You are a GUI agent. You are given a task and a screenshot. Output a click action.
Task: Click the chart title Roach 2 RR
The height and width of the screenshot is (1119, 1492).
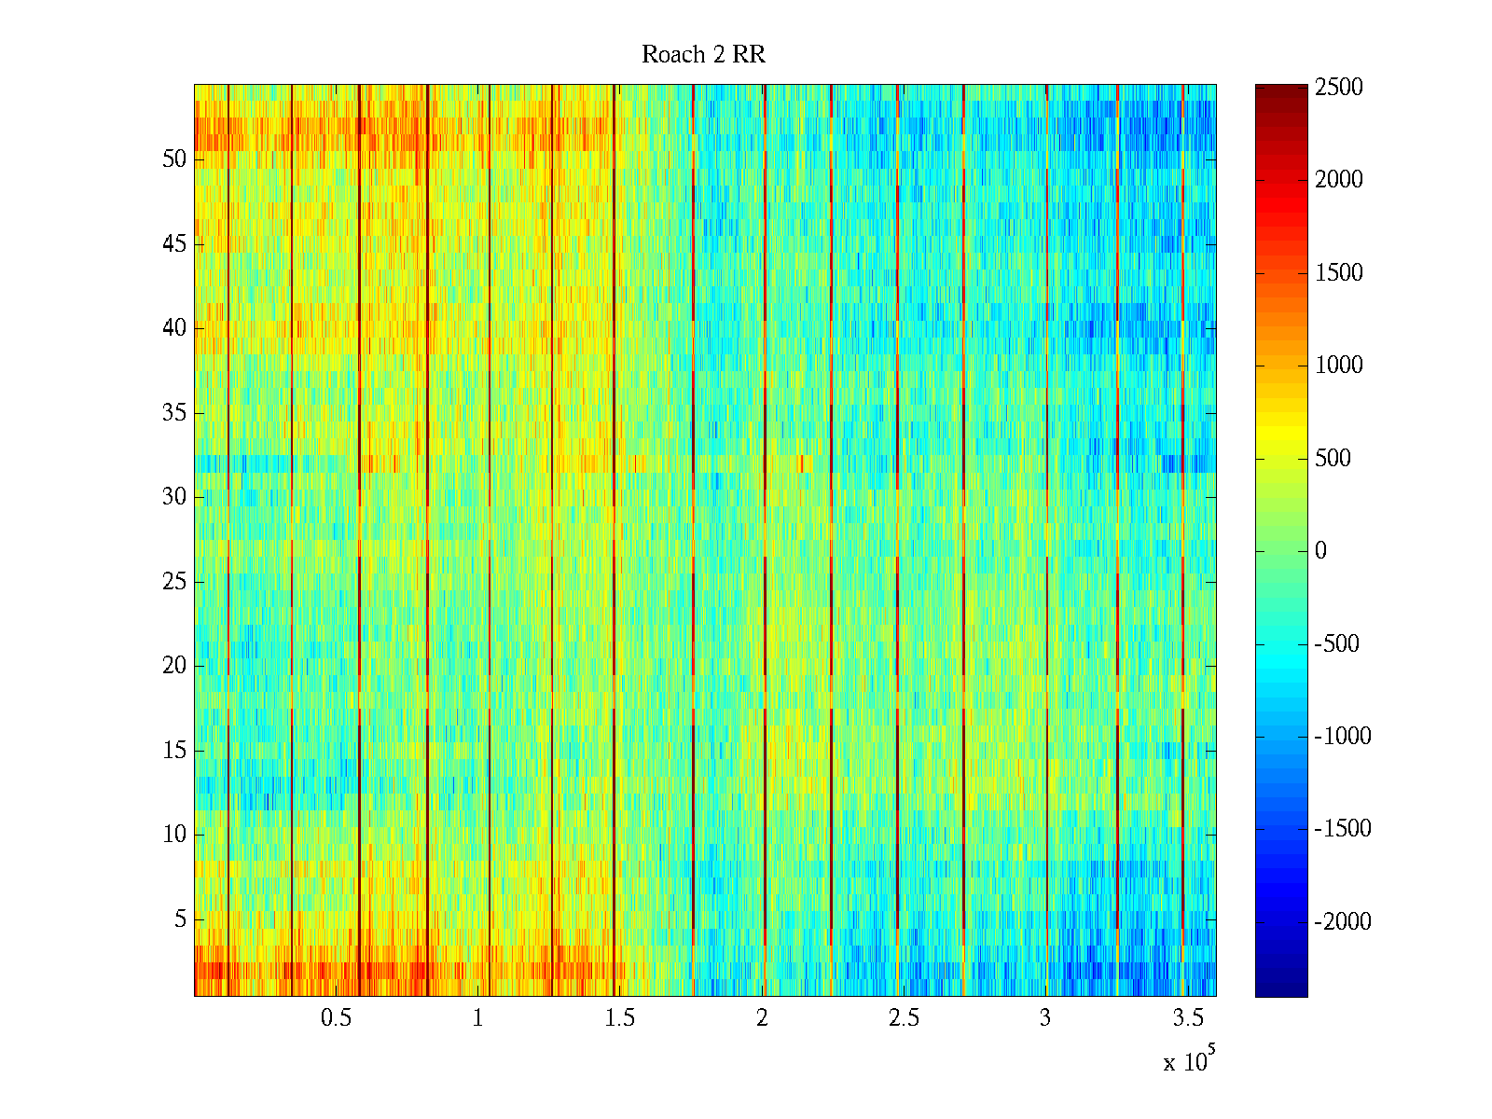coord(703,55)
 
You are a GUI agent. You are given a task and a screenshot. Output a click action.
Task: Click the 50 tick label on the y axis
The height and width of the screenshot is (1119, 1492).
coord(174,159)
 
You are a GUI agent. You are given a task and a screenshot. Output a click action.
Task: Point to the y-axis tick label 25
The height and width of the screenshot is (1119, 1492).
coord(174,582)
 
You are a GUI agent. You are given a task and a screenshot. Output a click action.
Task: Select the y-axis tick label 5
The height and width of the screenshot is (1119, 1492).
coord(180,919)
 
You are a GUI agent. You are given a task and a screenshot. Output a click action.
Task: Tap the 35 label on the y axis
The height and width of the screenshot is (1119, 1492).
coord(174,413)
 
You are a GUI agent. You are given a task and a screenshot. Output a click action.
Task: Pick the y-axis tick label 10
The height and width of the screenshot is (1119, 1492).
coord(174,835)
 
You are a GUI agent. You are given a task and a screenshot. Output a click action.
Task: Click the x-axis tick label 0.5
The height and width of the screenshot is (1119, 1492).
coord(336,1018)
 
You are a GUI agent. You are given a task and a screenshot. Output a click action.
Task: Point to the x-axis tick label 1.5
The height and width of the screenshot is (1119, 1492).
coord(619,1018)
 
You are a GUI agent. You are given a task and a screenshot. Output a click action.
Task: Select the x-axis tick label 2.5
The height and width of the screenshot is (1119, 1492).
coord(903,1018)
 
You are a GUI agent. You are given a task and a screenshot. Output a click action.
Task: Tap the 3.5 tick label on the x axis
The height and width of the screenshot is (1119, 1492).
coord(1186,1018)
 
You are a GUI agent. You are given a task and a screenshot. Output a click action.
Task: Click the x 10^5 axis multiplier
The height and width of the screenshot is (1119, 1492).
coord(1189,1061)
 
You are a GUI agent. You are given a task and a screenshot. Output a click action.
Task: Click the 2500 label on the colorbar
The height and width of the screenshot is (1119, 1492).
coord(1338,88)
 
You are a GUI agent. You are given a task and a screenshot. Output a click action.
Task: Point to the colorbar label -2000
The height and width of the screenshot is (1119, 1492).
coord(1342,922)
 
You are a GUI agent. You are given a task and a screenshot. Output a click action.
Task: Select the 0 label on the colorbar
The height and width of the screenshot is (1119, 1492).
coord(1320,551)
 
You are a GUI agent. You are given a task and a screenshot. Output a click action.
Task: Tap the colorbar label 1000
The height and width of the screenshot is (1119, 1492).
coord(1338,366)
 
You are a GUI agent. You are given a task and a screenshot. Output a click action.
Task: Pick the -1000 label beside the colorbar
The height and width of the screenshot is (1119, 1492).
coord(1342,737)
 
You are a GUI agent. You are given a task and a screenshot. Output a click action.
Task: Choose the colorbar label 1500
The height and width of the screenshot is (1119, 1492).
coord(1338,273)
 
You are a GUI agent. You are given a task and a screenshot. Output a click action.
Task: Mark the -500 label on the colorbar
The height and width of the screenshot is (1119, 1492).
coord(1336,643)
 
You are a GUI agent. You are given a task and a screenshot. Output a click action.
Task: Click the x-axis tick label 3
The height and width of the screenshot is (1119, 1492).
coord(1044,1018)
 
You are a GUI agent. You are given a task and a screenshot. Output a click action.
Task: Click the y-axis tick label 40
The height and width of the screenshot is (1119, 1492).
coord(174,328)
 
